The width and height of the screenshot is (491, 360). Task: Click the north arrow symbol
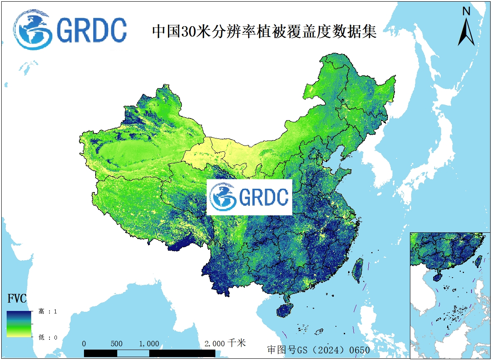click(466, 32)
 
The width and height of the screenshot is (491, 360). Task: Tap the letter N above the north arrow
click(466, 11)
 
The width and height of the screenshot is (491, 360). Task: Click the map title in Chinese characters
click(264, 32)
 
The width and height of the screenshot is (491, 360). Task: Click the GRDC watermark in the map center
click(249, 197)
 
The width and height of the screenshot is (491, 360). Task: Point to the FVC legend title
click(17, 299)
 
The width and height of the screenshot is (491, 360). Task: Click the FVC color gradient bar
click(19, 324)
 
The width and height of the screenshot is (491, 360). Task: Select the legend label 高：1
click(48, 311)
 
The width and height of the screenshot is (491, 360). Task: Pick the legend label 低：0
click(48, 337)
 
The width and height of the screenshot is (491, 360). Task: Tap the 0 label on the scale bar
click(84, 344)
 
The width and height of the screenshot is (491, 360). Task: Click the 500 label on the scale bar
click(117, 344)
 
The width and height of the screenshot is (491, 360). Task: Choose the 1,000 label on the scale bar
click(149, 344)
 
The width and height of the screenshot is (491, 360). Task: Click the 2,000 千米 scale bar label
click(225, 343)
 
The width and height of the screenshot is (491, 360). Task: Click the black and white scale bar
click(150, 353)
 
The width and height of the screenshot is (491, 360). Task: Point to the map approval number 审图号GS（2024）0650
click(318, 350)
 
